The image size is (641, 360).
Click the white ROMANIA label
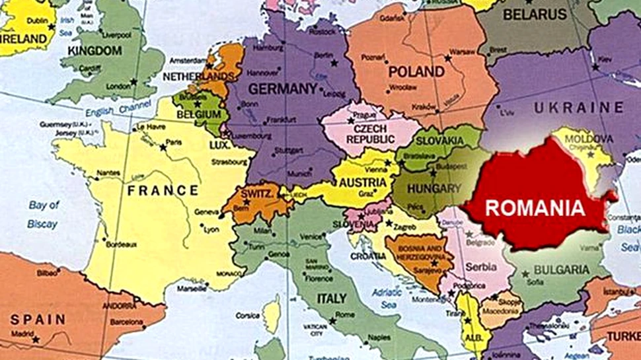coord(535,208)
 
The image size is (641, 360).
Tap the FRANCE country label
coord(163,191)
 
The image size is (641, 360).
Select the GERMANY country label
coord(283,89)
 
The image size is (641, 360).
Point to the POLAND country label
coord(416,71)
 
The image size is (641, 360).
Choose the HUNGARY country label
coord(434,189)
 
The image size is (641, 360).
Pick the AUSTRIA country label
coord(363,182)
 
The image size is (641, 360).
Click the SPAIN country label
coord(38,320)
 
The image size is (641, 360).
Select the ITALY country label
coord(332,299)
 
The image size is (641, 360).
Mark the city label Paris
coord(174,142)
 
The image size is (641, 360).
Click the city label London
coord(119,87)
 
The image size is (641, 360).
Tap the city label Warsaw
coord(463,52)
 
